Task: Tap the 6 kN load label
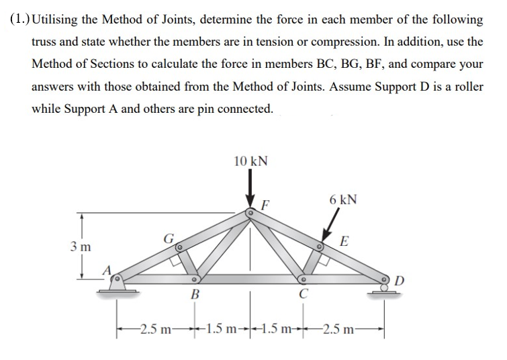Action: [343, 200]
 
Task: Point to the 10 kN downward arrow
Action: [250, 191]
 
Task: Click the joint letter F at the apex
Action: [265, 204]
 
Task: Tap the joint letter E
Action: [344, 241]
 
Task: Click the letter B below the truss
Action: [195, 294]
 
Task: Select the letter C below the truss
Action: [304, 294]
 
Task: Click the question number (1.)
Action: [20, 19]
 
